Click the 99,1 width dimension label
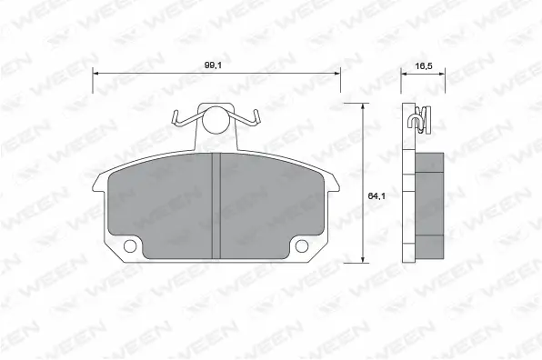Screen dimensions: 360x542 click(x=216, y=65)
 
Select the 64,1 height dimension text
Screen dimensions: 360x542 click(x=373, y=195)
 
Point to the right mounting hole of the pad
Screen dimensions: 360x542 click(x=303, y=245)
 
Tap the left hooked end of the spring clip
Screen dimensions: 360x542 click(x=175, y=117)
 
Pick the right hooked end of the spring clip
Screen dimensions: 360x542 click(x=258, y=115)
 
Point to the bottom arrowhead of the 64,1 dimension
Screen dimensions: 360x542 click(x=364, y=260)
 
